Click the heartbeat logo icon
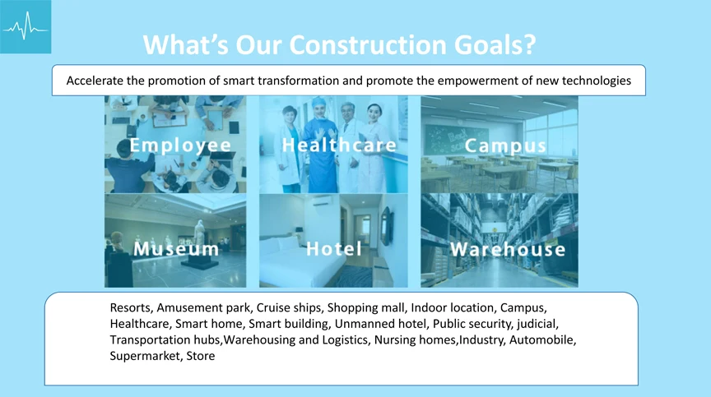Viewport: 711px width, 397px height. [26, 26]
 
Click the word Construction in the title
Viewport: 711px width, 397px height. [368, 45]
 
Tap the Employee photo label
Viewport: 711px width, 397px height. [180, 145]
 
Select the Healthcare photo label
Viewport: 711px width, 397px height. [339, 145]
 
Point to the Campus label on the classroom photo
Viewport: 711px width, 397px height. [505, 146]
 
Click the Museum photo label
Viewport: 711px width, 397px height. [176, 248]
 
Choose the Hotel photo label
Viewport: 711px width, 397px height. [334, 248]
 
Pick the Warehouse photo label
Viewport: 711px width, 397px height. [508, 249]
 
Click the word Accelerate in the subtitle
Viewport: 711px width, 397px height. [95, 81]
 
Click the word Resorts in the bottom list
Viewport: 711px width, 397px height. [132, 308]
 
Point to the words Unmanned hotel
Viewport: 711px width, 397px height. [380, 324]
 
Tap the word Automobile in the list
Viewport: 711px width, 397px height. [543, 339]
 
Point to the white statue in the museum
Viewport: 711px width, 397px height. [199, 233]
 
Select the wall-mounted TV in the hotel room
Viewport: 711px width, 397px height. [386, 226]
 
